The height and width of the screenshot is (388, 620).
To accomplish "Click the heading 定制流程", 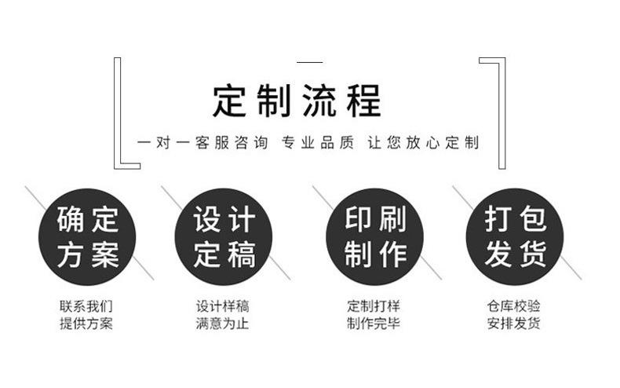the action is tap(297, 101).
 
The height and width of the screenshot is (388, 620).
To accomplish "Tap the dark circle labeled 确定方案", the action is tap(87, 236).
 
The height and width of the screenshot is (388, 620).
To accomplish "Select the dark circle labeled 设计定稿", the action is tap(224, 236).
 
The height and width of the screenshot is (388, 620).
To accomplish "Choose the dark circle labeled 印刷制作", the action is tap(374, 236).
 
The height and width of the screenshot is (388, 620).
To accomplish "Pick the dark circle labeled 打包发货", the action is tap(515, 236).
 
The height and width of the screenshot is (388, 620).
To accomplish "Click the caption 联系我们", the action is tap(86, 306).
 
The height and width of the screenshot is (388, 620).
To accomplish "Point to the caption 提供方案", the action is tap(86, 323).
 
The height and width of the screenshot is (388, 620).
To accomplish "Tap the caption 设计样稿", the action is tap(223, 306).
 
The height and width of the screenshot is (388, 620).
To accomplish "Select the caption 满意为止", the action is tap(223, 323).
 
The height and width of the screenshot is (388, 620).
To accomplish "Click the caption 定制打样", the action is tap(374, 306).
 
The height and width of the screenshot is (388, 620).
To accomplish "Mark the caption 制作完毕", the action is tap(374, 323).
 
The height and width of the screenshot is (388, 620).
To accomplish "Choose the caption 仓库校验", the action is tap(513, 306).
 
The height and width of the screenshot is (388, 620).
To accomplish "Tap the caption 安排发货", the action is tap(513, 323).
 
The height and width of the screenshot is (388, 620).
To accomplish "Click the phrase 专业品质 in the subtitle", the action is tap(318, 142).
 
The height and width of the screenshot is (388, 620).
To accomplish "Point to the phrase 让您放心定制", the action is tap(423, 142).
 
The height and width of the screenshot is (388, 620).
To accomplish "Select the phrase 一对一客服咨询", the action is tap(202, 142).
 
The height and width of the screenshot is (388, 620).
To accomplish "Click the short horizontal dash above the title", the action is tap(309, 62).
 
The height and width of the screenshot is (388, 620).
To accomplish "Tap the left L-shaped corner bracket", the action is tap(118, 113).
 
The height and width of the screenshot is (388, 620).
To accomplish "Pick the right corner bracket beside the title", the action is tap(501, 113).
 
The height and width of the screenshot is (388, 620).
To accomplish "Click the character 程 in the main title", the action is tap(364, 101).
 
